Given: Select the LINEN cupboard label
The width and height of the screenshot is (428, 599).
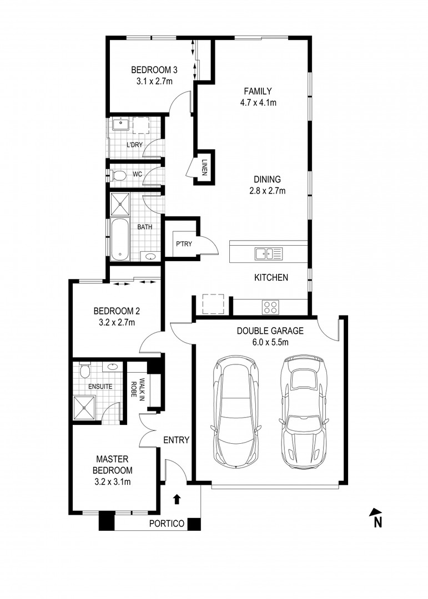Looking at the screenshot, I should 204,166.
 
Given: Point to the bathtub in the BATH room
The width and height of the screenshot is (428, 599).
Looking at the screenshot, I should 120,240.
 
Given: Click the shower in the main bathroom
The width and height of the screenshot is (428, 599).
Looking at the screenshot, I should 120,204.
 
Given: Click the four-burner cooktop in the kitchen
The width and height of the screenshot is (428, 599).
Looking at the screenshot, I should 270,307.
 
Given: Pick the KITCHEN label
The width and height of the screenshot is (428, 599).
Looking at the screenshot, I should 271,277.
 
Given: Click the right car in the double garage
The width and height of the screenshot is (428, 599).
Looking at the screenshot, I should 303,410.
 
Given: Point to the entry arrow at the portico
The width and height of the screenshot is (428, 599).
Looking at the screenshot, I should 177,499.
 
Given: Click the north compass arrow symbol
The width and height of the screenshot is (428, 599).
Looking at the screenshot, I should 376,514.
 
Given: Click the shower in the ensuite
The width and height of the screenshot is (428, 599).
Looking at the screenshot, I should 85,408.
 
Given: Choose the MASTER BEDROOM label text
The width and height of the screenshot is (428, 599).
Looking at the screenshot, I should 113,465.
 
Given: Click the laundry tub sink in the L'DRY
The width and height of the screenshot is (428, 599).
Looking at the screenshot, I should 119,124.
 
